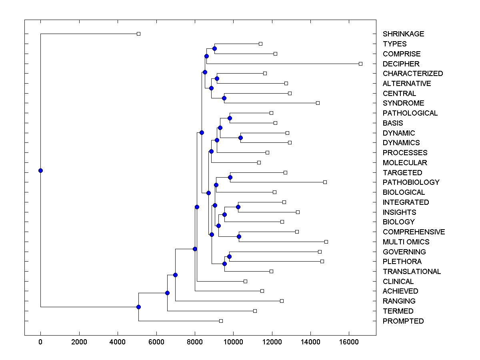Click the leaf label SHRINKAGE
pos(403,34)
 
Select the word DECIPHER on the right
pos(401,64)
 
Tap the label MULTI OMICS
pos(406,242)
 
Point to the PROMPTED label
pos(403,321)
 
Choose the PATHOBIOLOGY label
pos(411,182)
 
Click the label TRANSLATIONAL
pos(412,272)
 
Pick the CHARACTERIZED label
pos(412,74)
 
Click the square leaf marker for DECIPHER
pos(360,64)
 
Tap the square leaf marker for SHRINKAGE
pos(138,34)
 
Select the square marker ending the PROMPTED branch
pos(221,321)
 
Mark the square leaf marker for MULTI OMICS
pos(326,242)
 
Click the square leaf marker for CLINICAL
pos(245,281)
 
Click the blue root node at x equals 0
pos(40,170)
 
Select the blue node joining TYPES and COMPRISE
pos(214,48)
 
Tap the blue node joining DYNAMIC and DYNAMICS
pos(240,138)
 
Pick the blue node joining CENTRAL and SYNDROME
pos(224,98)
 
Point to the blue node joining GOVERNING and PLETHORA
pos(229,256)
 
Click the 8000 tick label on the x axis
pos(195,342)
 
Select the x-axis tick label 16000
pos(349,342)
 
